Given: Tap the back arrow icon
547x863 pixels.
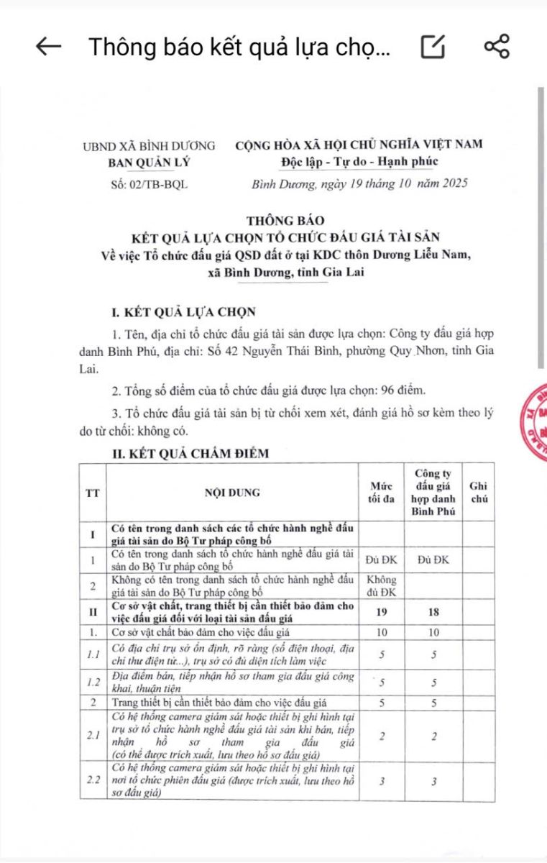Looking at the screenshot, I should [x=48, y=47].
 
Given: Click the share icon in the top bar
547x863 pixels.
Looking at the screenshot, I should [x=497, y=47].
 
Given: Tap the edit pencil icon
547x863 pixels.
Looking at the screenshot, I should [x=433, y=47].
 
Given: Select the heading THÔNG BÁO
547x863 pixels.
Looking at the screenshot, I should [x=285, y=221].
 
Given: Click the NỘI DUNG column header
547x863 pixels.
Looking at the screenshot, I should [x=232, y=493].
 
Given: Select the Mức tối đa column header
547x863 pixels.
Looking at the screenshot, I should [x=381, y=493].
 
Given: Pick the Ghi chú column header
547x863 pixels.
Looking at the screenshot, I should [x=478, y=493].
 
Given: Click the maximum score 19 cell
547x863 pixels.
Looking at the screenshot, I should [x=381, y=611].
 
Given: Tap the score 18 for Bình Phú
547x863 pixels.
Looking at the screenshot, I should [x=433, y=611].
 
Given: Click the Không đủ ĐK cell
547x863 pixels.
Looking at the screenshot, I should [x=381, y=585].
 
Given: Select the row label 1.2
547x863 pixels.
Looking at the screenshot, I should [x=93, y=682].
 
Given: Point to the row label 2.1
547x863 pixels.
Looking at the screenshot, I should [x=93, y=736].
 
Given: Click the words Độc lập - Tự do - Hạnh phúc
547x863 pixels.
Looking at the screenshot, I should [x=360, y=160].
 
